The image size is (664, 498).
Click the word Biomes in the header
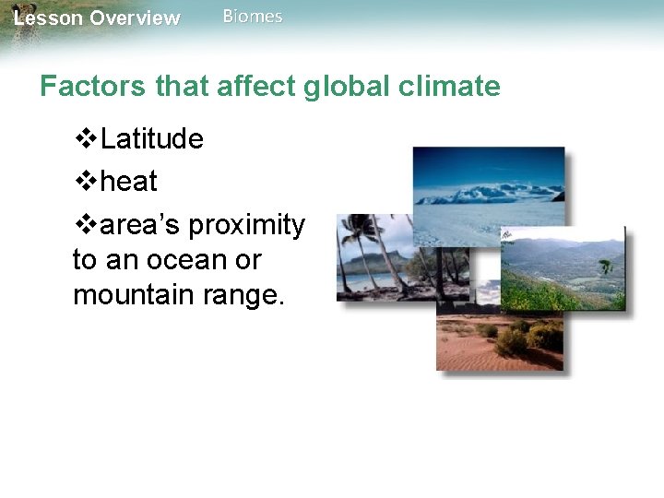(x=253, y=17)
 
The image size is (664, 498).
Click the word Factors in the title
(x=93, y=87)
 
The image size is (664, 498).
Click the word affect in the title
(x=253, y=87)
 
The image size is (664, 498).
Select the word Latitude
(x=152, y=139)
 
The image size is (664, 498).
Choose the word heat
(x=129, y=182)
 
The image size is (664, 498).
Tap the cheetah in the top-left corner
(x=20, y=18)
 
